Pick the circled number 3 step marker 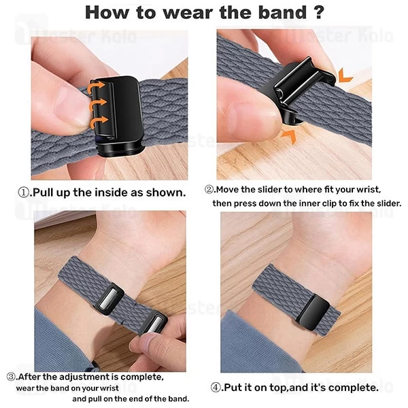(x=12, y=376)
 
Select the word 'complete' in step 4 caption (x=352, y=387)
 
